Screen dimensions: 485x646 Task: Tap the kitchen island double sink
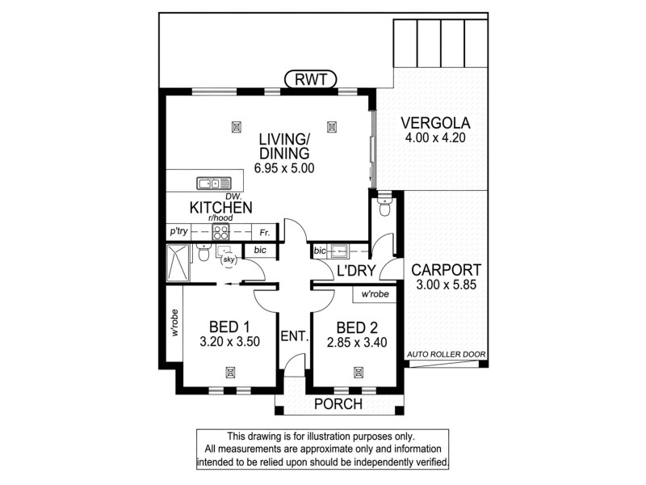(x=211, y=182)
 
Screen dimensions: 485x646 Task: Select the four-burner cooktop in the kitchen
(x=221, y=231)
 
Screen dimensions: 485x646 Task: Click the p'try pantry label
(x=178, y=231)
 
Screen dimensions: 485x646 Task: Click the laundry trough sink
(x=338, y=251)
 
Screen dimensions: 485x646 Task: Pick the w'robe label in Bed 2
(x=377, y=294)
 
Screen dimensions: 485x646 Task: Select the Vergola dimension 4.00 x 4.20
(x=434, y=138)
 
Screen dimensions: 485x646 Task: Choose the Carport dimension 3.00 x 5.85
(x=446, y=285)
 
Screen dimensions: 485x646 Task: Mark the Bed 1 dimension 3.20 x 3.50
(x=229, y=342)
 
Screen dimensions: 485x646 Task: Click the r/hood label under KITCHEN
(x=220, y=218)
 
